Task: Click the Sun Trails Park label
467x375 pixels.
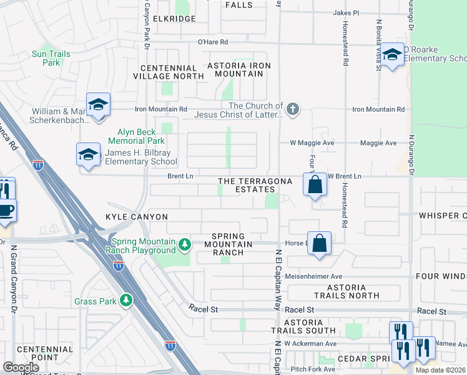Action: [51, 58]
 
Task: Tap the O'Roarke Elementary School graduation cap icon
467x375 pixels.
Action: [392, 55]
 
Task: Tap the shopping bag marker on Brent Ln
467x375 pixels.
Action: [315, 185]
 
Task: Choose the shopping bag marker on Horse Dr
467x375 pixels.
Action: [319, 244]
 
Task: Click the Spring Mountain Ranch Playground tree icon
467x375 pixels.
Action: [184, 243]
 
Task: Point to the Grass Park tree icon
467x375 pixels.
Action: [126, 301]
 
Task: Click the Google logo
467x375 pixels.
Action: [21, 367]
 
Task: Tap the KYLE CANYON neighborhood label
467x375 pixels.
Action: [132, 216]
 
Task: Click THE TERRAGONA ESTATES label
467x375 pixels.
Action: [255, 185]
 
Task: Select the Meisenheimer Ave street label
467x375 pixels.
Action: [313, 276]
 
